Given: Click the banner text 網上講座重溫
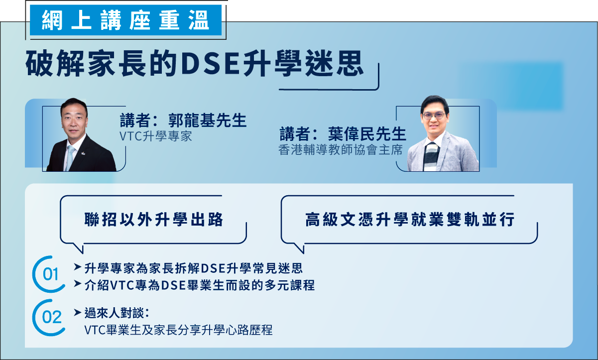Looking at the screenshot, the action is [125, 20].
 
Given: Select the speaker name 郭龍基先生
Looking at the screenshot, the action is [207, 120].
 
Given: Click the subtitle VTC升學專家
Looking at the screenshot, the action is [156, 136].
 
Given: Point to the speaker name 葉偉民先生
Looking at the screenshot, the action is [367, 134].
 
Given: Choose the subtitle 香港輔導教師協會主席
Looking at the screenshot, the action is [341, 150].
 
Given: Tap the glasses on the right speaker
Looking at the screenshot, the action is [434, 116].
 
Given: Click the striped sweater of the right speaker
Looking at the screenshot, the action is [431, 157].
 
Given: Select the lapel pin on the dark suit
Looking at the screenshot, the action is [83, 153].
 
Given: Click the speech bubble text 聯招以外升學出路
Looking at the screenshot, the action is [154, 220].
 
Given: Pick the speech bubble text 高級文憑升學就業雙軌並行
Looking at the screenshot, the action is [410, 220].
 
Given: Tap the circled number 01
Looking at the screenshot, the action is [50, 274].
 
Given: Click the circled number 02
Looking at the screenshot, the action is [52, 317].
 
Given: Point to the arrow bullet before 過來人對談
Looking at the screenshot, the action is [77, 312].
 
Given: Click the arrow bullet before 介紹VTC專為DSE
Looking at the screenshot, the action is [77, 284].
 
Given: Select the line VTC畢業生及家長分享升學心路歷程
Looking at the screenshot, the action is [178, 330].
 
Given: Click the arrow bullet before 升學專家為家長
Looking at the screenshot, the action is [77, 266].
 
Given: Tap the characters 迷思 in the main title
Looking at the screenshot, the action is [334, 64].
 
